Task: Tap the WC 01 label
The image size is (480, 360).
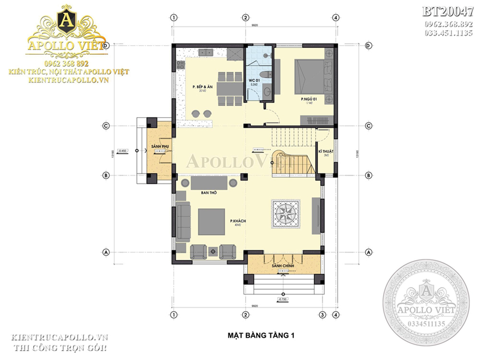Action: click(x=254, y=80)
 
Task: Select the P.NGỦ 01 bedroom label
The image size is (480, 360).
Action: click(x=307, y=99)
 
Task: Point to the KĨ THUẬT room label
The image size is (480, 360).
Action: click(x=326, y=151)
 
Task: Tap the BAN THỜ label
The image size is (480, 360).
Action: click(x=207, y=192)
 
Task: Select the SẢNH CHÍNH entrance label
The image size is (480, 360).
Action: click(x=282, y=265)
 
